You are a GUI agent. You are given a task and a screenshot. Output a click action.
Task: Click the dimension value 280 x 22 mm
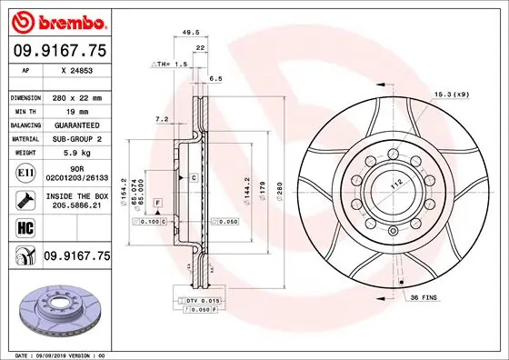tap(78, 96)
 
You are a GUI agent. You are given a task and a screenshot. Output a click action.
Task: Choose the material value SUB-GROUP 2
tap(78, 139)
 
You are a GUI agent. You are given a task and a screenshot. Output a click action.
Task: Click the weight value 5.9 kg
tap(78, 153)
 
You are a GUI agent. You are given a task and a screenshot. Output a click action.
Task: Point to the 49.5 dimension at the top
tap(191, 31)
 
